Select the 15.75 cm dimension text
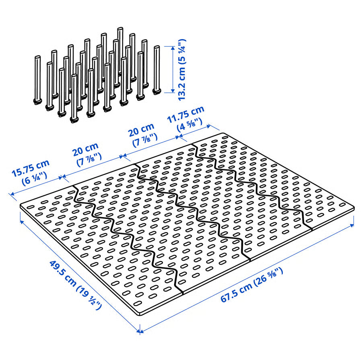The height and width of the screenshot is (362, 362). (31, 168)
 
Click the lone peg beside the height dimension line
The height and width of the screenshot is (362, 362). (156, 70)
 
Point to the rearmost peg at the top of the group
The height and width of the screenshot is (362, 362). (120, 48)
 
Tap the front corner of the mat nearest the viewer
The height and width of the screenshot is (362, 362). (139, 312)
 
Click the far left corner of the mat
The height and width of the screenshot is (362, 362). (21, 204)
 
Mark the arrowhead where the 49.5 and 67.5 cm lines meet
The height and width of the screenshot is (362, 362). (140, 332)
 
